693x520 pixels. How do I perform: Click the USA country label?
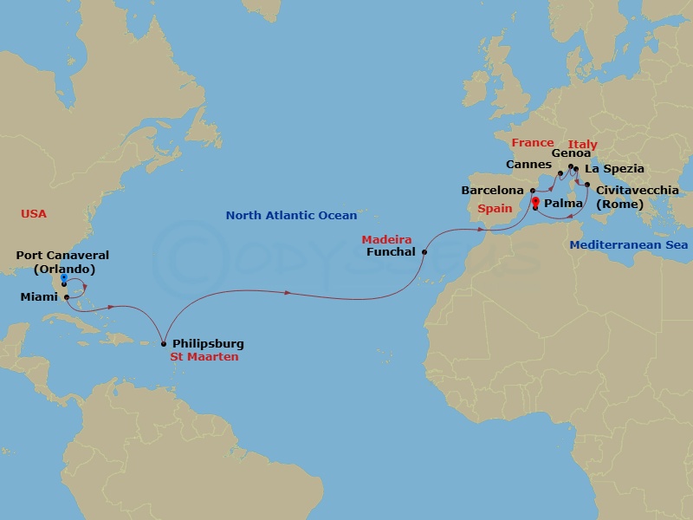tap(34, 213)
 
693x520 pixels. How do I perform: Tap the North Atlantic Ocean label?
tap(291, 216)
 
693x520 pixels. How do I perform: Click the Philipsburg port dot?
tap(163, 343)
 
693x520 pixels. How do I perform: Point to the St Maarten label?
tap(204, 356)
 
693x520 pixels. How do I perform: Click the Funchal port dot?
tap(424, 252)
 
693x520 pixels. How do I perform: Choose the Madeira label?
tap(386, 239)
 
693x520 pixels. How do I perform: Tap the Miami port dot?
tap(67, 297)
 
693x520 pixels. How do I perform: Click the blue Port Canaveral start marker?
tap(64, 278)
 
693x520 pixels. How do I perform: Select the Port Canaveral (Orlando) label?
tap(56, 262)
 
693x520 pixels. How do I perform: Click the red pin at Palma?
tap(535, 204)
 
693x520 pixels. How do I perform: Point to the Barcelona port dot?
tap(532, 190)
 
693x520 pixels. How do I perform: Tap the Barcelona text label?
tap(493, 190)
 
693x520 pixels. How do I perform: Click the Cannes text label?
tap(529, 164)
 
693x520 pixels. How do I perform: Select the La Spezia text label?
tap(614, 168)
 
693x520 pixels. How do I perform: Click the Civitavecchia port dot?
tap(587, 185)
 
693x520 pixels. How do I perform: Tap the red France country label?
tap(532, 142)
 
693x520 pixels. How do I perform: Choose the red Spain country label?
tap(496, 209)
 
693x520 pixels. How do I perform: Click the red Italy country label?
tap(582, 144)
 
